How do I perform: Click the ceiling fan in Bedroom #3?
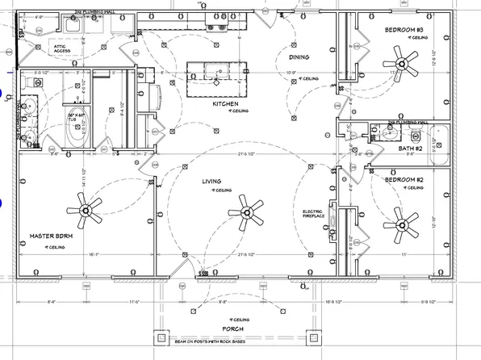point(399,58)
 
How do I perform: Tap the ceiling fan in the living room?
point(251,212)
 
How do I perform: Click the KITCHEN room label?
point(224,104)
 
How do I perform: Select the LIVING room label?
point(212,182)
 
